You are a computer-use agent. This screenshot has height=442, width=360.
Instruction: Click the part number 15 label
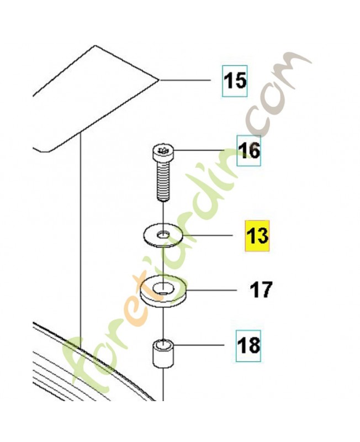click(x=235, y=81)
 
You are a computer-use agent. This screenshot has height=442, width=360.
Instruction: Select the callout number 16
click(x=249, y=151)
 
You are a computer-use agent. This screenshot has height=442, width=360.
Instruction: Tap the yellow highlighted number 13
click(x=257, y=236)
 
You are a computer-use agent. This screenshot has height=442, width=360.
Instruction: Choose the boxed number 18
click(x=248, y=345)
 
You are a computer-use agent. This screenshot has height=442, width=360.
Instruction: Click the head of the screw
click(x=163, y=152)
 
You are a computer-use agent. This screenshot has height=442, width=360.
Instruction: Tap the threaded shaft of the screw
click(x=163, y=181)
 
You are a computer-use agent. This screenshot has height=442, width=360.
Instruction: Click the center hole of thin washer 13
click(x=163, y=234)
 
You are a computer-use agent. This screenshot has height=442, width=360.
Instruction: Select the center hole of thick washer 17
click(x=163, y=288)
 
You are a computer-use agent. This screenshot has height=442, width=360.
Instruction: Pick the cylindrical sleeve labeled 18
click(x=163, y=354)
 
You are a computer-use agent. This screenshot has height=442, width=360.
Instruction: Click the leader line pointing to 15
click(x=185, y=80)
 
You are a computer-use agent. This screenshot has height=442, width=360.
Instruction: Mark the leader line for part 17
click(x=211, y=290)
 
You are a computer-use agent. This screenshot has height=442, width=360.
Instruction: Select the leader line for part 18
click(x=199, y=344)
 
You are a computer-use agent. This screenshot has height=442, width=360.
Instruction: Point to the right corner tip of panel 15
click(x=160, y=80)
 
